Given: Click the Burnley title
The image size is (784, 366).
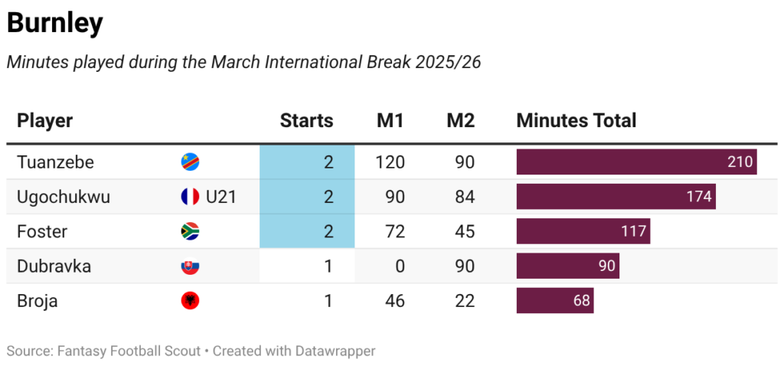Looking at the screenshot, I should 54,24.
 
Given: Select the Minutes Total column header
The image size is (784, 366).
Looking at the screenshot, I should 576,120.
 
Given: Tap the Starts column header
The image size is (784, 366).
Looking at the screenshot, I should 306,120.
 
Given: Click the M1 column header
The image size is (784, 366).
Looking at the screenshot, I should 390,120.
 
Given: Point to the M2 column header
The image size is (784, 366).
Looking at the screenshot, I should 460,120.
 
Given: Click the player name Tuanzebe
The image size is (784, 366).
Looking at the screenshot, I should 55,162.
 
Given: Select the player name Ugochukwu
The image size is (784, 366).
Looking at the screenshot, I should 64,197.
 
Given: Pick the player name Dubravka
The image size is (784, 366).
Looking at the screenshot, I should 54,266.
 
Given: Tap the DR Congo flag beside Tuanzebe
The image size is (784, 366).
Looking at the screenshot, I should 190,162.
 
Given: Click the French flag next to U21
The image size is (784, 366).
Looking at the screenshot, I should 190,197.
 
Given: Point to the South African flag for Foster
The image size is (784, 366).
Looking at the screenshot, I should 190,232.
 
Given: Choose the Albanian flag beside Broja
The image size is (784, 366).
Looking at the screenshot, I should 190,302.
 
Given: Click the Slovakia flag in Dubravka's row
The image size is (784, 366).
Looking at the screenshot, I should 190,267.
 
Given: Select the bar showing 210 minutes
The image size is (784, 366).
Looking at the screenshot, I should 636,162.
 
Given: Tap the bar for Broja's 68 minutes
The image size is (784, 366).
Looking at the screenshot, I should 554,301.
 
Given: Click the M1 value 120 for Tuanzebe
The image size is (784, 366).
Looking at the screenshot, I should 390,162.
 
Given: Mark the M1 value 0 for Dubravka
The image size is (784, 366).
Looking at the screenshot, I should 399,266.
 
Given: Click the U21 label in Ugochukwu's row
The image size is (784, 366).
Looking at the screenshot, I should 220,197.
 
